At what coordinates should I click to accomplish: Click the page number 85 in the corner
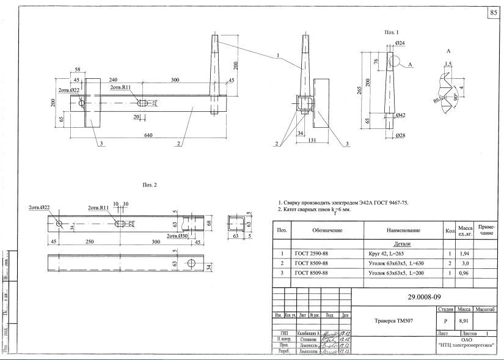coord(493,13)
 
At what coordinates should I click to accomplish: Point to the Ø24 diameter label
coord(401,43)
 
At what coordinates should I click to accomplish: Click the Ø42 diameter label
coord(401,115)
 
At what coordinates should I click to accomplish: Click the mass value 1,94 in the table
coord(464,252)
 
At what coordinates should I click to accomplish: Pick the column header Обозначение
coord(327,230)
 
